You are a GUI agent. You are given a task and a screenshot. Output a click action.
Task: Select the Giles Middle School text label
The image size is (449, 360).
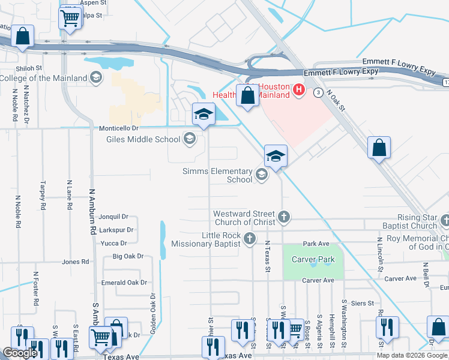143,140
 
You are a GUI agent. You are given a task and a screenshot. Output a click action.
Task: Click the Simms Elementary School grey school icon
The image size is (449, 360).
261,175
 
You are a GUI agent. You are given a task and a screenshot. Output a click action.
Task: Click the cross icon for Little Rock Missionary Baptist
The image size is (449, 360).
250,240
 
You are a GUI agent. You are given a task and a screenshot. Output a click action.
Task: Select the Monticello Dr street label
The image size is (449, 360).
118,128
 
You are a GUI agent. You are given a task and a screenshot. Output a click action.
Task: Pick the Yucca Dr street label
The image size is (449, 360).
113,243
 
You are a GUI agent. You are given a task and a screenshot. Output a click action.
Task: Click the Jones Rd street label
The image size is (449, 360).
76,262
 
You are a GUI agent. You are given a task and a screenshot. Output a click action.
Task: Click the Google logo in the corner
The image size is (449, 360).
20,353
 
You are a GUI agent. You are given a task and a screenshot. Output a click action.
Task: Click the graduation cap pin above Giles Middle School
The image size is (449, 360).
203,113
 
